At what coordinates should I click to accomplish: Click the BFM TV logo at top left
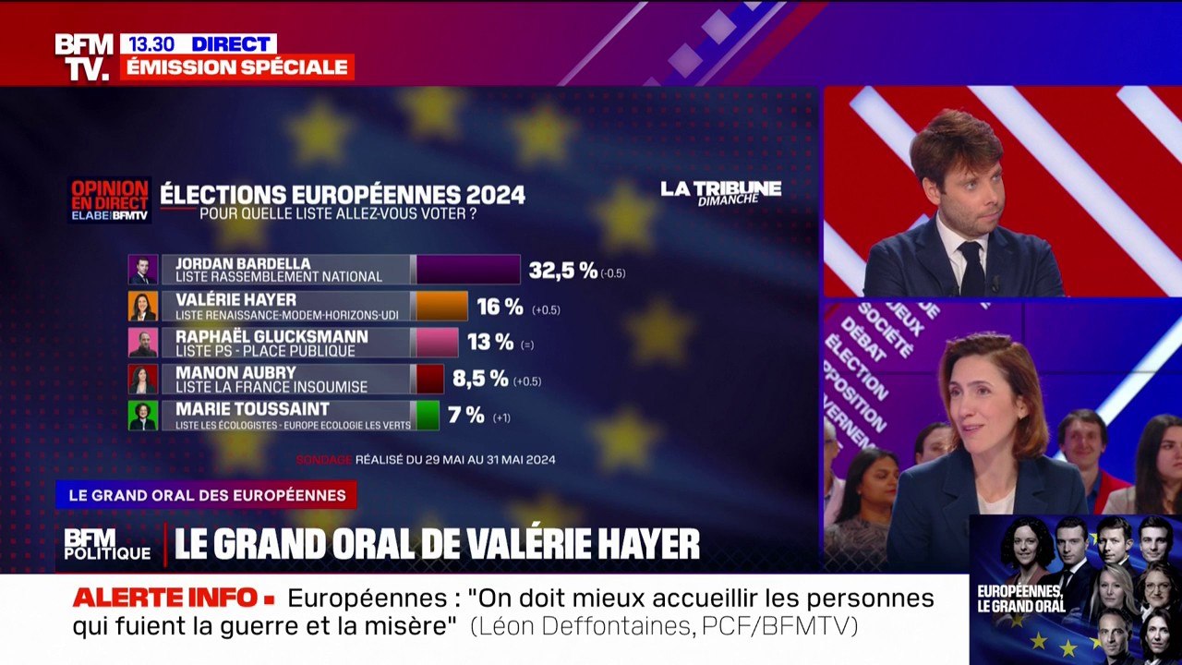pyautogui.click(x=83, y=56)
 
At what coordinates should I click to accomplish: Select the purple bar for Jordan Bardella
pyautogui.click(x=468, y=270)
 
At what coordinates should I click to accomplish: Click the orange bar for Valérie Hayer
pyautogui.click(x=442, y=306)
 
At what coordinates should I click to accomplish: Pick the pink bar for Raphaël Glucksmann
pyautogui.click(x=438, y=343)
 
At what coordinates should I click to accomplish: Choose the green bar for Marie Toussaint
pyautogui.click(x=428, y=416)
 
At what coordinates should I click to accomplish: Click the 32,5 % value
pyautogui.click(x=563, y=270)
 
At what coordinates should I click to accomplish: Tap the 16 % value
pyautogui.click(x=500, y=307)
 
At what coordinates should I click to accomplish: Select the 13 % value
pyautogui.click(x=490, y=343)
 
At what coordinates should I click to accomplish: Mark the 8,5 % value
pyautogui.click(x=480, y=379)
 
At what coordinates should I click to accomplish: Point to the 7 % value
pyautogui.click(x=466, y=416)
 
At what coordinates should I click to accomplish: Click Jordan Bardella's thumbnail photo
pyautogui.click(x=143, y=270)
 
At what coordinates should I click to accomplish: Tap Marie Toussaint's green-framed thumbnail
pyautogui.click(x=143, y=416)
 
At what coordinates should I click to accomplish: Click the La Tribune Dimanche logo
pyautogui.click(x=720, y=192)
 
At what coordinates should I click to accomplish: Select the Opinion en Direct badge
pyautogui.click(x=110, y=199)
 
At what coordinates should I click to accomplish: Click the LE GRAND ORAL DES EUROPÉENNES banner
pyautogui.click(x=206, y=495)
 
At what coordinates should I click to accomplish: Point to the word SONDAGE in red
pyautogui.click(x=324, y=459)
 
